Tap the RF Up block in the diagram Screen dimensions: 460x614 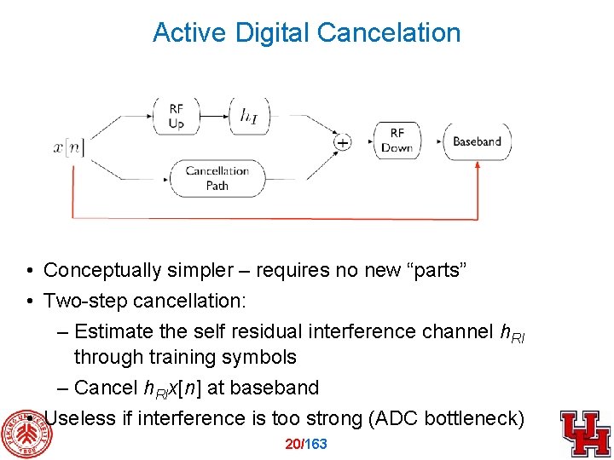tap(176, 116)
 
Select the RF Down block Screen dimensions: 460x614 tap(397, 141)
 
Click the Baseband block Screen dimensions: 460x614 tap(477, 141)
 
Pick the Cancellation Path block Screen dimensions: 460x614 tap(217, 177)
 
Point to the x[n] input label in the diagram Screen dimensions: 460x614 tap(69, 147)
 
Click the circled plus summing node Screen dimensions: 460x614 tap(342, 142)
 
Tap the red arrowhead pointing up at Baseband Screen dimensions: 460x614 tap(477, 165)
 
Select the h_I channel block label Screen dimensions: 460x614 tap(249, 116)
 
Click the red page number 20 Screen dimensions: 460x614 tap(293, 444)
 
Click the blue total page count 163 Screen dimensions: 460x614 tap(316, 444)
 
